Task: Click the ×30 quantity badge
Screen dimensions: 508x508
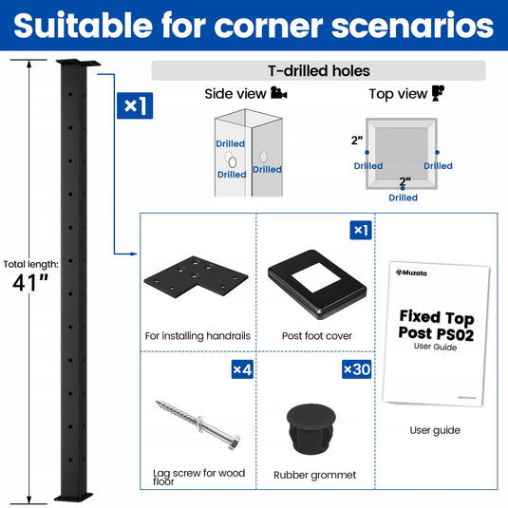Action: tap(356, 369)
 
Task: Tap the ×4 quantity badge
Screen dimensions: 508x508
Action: tap(242, 369)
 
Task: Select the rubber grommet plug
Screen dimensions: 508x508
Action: tap(310, 428)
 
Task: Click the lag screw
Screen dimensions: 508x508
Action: tap(198, 424)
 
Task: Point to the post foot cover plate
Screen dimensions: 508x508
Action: tap(317, 284)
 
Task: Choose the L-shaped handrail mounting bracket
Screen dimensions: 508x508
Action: tap(196, 276)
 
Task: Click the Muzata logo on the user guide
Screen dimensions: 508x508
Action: tap(411, 273)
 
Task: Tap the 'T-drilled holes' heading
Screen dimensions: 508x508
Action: tap(319, 70)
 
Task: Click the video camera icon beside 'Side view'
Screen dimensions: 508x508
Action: tap(278, 93)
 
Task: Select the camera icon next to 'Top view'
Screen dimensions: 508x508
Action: tap(438, 93)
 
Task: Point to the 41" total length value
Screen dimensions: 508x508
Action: tap(30, 283)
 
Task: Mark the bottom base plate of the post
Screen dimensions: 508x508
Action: tap(73, 497)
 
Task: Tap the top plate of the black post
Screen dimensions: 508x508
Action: tap(78, 63)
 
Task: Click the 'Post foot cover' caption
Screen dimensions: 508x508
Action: tap(317, 336)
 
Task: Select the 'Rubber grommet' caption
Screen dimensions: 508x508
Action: tap(314, 475)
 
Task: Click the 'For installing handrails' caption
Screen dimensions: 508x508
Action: tap(198, 336)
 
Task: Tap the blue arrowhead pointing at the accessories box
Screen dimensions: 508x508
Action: tap(134, 254)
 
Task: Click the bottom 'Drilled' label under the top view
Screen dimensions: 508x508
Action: tap(403, 198)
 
